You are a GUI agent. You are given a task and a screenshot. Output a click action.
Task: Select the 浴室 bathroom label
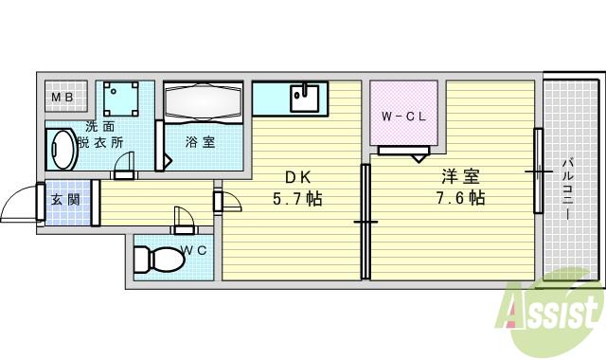click(199, 143)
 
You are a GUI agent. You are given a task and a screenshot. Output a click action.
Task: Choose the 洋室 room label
click(459, 176)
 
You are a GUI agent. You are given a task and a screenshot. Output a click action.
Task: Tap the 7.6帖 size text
click(460, 198)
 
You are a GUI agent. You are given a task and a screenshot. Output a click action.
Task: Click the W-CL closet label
click(402, 117)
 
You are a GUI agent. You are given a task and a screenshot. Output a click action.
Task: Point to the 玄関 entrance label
click(64, 199)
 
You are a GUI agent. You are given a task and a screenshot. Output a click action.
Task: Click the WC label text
click(194, 250)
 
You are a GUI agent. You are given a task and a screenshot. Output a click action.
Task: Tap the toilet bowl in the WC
click(156, 258)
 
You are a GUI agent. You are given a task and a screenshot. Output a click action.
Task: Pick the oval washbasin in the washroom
click(62, 150)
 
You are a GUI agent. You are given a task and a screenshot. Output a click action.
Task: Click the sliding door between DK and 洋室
click(365, 222)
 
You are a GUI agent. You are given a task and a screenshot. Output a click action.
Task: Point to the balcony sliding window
click(539, 171)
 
